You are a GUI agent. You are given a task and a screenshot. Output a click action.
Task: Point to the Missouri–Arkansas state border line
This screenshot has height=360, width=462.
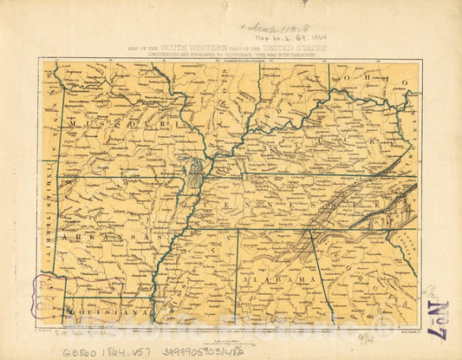113,178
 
